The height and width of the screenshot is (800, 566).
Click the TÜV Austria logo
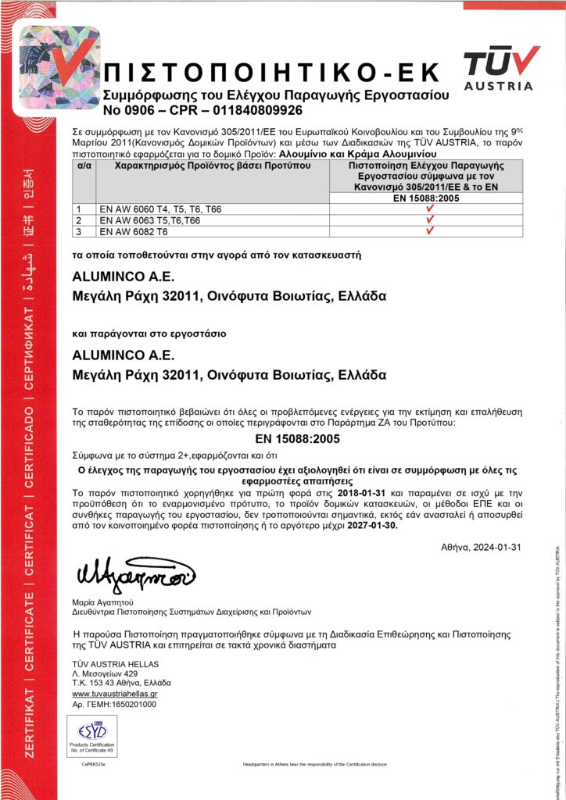click(x=501, y=68)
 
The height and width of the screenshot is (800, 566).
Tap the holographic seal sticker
click(x=48, y=69)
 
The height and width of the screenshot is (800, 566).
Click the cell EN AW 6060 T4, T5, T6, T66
click(x=159, y=209)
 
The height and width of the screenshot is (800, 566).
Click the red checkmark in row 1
click(x=428, y=209)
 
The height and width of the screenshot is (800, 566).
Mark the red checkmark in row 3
click(x=428, y=231)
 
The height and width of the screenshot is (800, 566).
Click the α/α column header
click(x=84, y=166)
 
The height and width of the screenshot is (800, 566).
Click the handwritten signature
click(x=133, y=577)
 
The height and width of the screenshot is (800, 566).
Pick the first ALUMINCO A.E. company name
click(x=122, y=278)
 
